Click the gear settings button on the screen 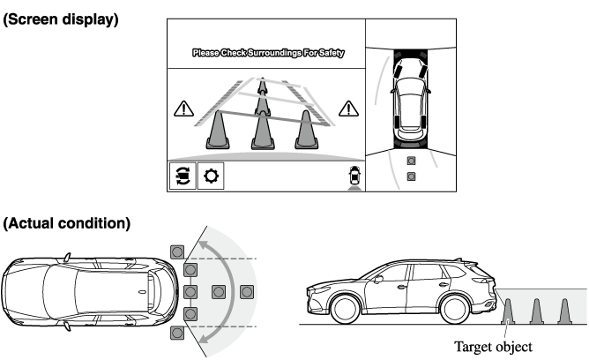pyautogui.click(x=211, y=176)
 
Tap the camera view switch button pyautogui.click(x=183, y=176)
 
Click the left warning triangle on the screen pyautogui.click(x=183, y=109)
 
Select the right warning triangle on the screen pyautogui.click(x=348, y=109)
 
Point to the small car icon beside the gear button pyautogui.click(x=354, y=177)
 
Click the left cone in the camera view pyautogui.click(x=218, y=130)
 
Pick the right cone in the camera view pyautogui.click(x=307, y=130)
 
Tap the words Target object pyautogui.click(x=493, y=347)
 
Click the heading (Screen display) pyautogui.click(x=61, y=19)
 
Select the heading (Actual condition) pyautogui.click(x=67, y=223)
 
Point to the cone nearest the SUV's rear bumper pyautogui.click(x=508, y=311)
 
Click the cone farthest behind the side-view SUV pyautogui.click(x=564, y=311)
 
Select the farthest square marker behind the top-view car pyautogui.click(x=247, y=292)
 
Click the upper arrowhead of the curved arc pyautogui.click(x=203, y=246)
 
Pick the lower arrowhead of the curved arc pyautogui.click(x=203, y=338)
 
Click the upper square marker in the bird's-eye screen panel pyautogui.click(x=411, y=161)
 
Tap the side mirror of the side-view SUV pyautogui.click(x=378, y=279)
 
